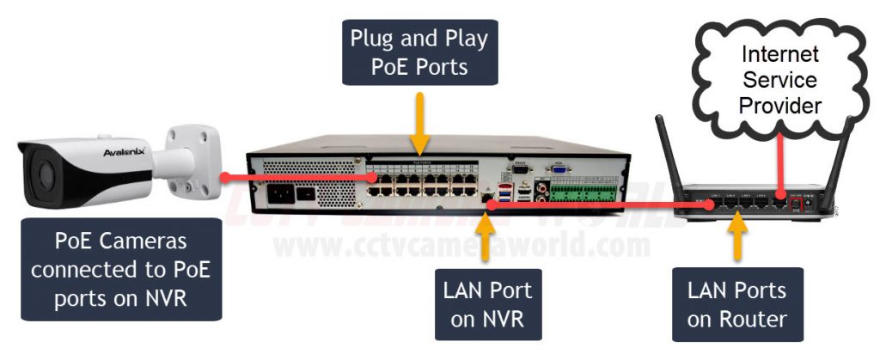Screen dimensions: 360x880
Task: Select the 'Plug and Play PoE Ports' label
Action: click(419, 52)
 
